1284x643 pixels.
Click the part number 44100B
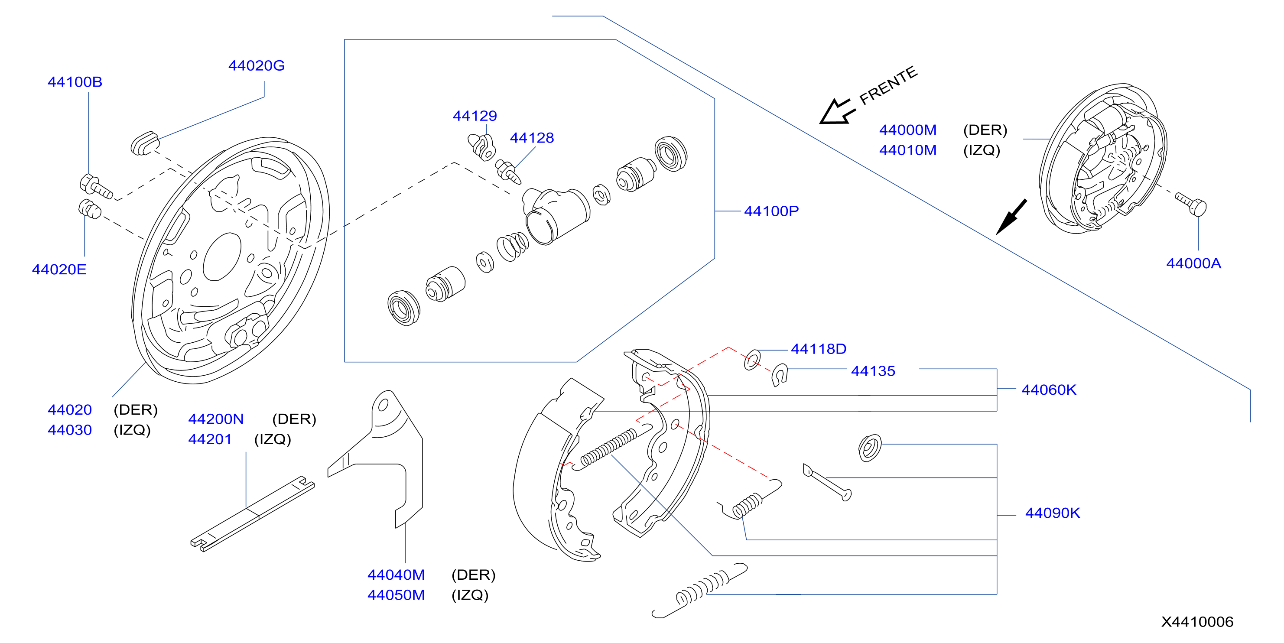(x=75, y=82)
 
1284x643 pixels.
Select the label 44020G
(x=256, y=65)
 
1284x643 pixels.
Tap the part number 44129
(x=475, y=116)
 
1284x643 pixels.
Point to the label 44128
(x=531, y=138)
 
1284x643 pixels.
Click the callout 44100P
(x=771, y=211)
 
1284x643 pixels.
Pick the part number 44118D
(x=819, y=349)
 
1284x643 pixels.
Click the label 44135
(x=873, y=371)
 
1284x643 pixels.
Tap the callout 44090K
(x=1052, y=513)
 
